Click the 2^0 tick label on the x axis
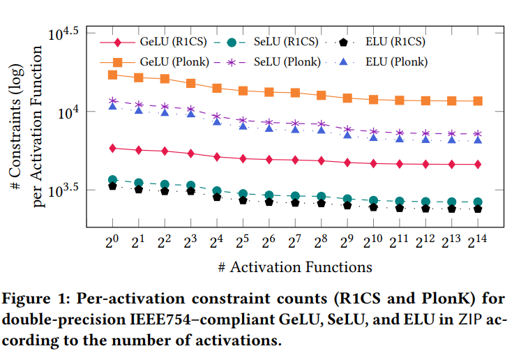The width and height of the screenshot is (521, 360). coord(112,240)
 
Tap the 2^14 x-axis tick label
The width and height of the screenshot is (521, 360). coord(477,240)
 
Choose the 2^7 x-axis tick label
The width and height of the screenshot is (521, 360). coord(294,240)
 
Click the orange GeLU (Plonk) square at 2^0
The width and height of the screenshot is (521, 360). coord(112,75)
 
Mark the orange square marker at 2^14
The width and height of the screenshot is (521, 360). coord(478,101)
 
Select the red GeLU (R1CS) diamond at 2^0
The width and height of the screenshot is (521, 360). coord(112,148)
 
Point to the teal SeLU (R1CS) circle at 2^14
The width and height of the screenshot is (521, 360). coord(478,202)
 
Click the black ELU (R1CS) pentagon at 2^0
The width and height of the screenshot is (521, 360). coord(112,186)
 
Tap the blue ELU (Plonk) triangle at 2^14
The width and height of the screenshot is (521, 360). coord(478,140)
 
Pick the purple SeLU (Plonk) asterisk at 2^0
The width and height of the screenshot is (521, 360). coord(112,101)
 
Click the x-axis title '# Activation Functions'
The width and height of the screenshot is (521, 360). coord(295,267)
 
